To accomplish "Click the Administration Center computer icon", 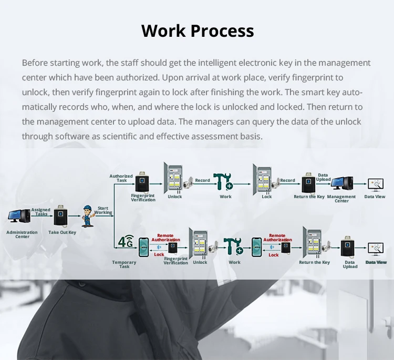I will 19,216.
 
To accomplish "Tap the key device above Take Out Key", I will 61,215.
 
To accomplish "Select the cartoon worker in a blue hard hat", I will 87,216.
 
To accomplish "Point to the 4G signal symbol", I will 126,242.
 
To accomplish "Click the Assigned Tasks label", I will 41,212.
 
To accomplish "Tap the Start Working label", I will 103,211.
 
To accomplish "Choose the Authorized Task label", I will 121,178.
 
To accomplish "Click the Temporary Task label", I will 124,264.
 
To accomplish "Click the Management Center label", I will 341,199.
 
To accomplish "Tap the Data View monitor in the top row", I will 375,184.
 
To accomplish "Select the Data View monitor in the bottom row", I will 376,249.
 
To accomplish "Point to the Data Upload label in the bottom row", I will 350,264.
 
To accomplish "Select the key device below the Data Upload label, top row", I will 308,184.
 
